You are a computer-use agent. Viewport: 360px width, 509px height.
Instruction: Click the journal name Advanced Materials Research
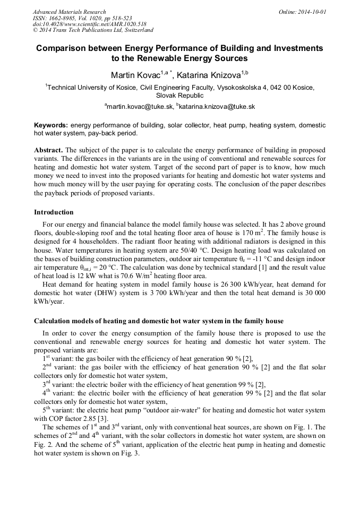click(x=69, y=12)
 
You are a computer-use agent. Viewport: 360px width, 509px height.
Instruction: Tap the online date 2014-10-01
click(x=312, y=12)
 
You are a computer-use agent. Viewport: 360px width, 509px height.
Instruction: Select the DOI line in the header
click(x=82, y=24)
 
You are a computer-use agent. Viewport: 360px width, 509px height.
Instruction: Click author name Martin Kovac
click(x=136, y=75)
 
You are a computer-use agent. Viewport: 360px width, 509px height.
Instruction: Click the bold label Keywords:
click(x=51, y=125)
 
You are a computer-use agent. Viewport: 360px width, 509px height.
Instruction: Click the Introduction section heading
click(x=54, y=212)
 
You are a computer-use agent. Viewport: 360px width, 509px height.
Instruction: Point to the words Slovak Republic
click(x=179, y=96)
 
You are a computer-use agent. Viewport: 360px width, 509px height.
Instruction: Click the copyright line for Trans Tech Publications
click(x=93, y=30)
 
